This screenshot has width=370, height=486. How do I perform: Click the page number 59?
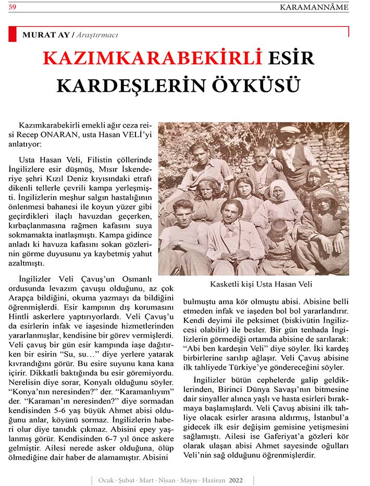coord(13,7)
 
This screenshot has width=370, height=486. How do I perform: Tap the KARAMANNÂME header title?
coord(314,7)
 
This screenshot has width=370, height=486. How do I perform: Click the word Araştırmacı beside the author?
coord(97,35)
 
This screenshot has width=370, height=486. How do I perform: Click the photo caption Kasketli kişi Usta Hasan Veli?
coord(253,285)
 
